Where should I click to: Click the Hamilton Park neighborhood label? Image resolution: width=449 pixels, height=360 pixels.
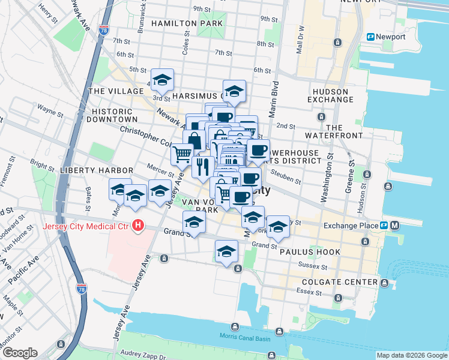(x=187, y=23)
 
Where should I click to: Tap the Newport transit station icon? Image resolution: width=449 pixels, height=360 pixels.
(x=371, y=37)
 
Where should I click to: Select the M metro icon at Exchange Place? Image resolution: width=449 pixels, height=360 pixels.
(x=394, y=226)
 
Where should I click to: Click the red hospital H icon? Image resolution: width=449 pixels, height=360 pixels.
(x=139, y=226)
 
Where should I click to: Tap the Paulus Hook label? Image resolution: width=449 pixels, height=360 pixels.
(x=309, y=253)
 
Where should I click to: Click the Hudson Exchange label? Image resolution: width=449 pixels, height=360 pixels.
(x=330, y=95)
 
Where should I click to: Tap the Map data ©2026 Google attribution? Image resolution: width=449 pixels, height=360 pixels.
(x=412, y=355)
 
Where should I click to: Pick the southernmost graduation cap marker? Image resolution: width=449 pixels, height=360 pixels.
(x=226, y=251)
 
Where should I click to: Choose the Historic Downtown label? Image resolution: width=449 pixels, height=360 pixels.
(x=111, y=116)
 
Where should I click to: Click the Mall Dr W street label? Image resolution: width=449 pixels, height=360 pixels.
(x=302, y=38)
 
